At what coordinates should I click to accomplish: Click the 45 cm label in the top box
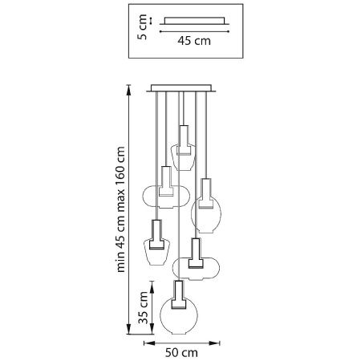(194, 41)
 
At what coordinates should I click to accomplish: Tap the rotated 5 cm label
(142, 27)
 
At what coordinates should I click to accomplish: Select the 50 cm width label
(181, 353)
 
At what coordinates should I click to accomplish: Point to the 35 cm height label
(143, 308)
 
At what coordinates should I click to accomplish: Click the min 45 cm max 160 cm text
(120, 209)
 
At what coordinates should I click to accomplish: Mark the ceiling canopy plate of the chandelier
(181, 88)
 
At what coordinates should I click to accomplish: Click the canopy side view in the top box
(194, 21)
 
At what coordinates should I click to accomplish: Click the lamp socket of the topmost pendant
(184, 140)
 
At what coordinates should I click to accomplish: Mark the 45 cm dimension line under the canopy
(194, 31)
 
